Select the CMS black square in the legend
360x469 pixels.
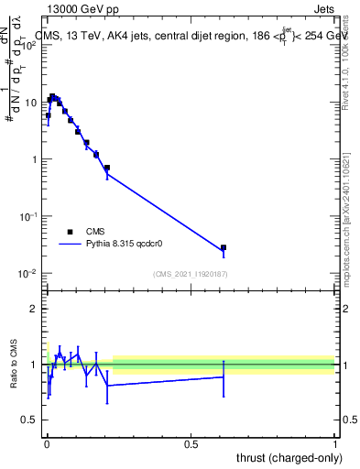[70, 232]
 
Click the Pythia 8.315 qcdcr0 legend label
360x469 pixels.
[125, 245]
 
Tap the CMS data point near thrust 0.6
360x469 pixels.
[223, 247]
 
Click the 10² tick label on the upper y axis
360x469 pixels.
[29, 45]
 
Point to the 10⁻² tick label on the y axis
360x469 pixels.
[29, 273]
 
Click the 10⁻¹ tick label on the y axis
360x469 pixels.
[29, 216]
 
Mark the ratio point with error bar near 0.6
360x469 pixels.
[223, 376]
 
